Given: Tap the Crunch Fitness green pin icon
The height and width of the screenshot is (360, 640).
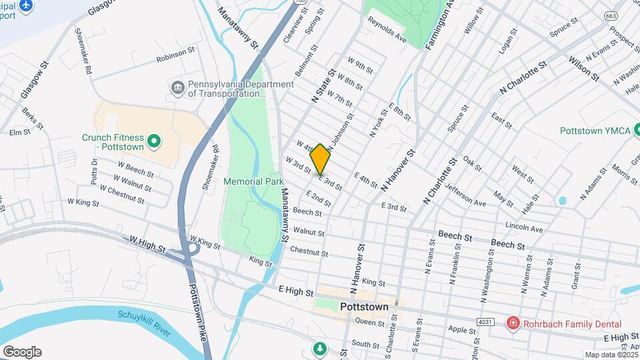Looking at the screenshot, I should pyautogui.click(x=154, y=141).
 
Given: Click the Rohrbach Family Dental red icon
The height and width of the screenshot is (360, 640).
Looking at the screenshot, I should pyautogui.click(x=513, y=324).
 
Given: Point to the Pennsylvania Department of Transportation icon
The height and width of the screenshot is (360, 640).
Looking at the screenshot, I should pyautogui.click(x=177, y=88).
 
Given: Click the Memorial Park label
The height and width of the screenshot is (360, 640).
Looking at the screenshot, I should pyautogui.click(x=253, y=181).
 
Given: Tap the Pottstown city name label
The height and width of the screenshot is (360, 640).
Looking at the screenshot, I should pyautogui.click(x=364, y=307).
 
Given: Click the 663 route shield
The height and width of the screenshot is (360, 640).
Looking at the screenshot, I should pyautogui.click(x=611, y=15).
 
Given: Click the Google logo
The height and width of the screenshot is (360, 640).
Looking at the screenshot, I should pyautogui.click(x=22, y=351).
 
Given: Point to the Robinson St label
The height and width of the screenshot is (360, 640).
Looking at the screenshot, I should pyautogui.click(x=175, y=58).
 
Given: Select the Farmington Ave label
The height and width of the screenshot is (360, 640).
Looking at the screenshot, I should pyautogui.click(x=441, y=27).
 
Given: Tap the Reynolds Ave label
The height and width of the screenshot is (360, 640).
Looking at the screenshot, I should pyautogui.click(x=387, y=29).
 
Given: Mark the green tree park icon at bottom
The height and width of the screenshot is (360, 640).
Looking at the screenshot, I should pyautogui.click(x=321, y=349).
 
